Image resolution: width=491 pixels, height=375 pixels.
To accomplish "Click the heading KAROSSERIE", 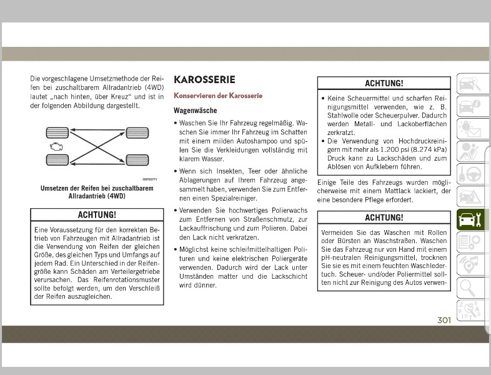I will (204, 80).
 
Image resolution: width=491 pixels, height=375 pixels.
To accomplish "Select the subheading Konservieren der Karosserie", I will (217, 96).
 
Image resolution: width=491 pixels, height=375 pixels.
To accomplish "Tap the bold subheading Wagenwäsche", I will (195, 111).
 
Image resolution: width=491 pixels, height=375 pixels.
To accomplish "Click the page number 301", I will (444, 321).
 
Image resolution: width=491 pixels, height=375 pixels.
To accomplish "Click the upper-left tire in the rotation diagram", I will (56, 132).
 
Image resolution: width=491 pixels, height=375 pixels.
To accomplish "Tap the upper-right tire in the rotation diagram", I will (137, 132).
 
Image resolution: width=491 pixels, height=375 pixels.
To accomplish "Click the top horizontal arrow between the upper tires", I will (97, 131).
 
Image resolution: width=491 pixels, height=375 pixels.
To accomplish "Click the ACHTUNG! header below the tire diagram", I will (97, 215).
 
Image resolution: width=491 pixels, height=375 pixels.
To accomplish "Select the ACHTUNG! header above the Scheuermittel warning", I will (384, 83).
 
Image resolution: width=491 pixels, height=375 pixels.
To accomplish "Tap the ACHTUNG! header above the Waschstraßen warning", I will (384, 217).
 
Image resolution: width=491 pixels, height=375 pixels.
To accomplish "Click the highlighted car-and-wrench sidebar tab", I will (469, 220).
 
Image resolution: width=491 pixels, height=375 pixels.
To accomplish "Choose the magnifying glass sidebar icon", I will (468, 287).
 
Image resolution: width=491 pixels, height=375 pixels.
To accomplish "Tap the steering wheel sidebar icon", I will (468, 173).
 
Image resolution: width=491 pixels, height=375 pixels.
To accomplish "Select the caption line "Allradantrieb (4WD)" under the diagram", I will (97, 196).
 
